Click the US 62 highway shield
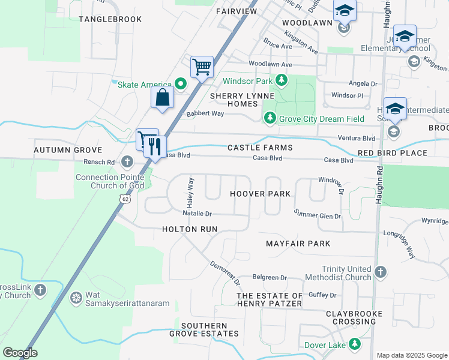click(x=124, y=198)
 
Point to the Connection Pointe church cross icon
click(x=127, y=161)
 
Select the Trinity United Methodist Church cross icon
click(x=380, y=273)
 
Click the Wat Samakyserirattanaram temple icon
click(x=76, y=297)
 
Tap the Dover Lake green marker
click(x=355, y=344)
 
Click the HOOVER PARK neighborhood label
click(x=260, y=194)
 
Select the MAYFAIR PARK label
click(x=298, y=244)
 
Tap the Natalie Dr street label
click(x=197, y=213)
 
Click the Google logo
click(x=20, y=353)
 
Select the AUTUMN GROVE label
click(x=68, y=150)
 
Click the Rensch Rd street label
click(x=102, y=162)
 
